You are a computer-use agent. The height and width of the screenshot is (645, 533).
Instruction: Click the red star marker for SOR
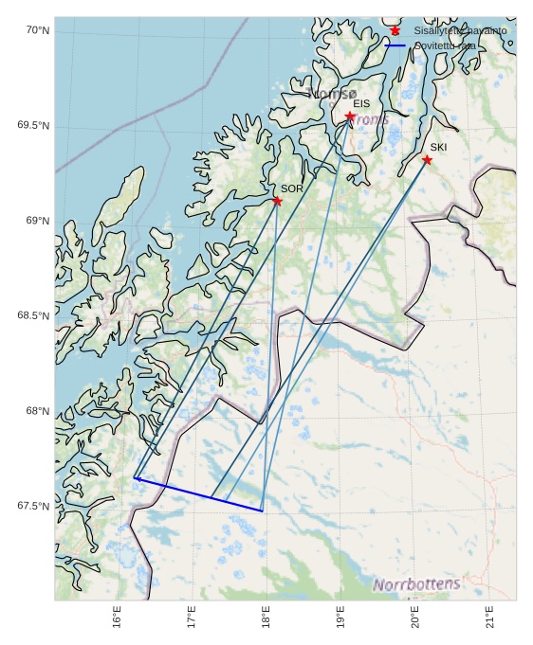[x=277, y=201]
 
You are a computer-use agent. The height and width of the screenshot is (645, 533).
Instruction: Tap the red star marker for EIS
[x=350, y=116]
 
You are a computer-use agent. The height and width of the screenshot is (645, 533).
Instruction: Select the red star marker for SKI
[x=427, y=159]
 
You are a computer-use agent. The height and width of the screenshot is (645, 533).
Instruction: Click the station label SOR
[x=291, y=188]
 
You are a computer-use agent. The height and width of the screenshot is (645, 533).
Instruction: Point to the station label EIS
[x=361, y=103]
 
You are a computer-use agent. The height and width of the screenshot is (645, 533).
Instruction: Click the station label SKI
[x=438, y=147]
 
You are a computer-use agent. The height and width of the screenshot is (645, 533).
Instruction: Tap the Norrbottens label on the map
[x=416, y=584]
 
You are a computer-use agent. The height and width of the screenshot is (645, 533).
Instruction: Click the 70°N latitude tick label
[x=37, y=31]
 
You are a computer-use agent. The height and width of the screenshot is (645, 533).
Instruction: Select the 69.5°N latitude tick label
[x=33, y=126]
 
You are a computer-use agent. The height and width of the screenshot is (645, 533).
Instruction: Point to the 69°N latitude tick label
[x=37, y=221]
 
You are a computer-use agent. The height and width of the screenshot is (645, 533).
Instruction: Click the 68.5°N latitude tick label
[x=33, y=315]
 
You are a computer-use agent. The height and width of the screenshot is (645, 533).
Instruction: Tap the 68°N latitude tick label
[x=37, y=411]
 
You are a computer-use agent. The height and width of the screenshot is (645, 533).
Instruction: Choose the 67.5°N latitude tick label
[x=33, y=506]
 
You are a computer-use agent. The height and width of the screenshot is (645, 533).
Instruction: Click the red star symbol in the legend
[x=395, y=31]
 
